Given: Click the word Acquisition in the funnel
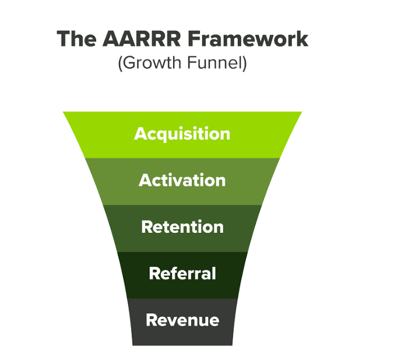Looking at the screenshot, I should click(x=182, y=134).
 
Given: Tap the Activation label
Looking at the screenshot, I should click(x=182, y=180).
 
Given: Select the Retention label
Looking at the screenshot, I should click(x=182, y=227).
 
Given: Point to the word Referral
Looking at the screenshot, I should click(x=182, y=274).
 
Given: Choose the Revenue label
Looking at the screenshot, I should click(x=182, y=320).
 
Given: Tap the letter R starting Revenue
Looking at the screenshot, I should click(x=151, y=320).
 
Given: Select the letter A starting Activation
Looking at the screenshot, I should click(x=145, y=180).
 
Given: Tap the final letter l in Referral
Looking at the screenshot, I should click(x=214, y=273).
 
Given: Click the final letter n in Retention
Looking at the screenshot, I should click(x=219, y=228).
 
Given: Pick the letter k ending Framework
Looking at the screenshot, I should click(x=302, y=39).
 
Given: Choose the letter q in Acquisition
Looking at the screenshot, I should click(x=161, y=135).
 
